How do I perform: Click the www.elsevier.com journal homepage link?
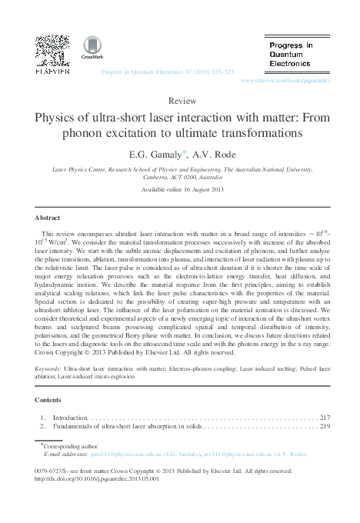tap(285, 79)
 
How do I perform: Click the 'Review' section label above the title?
tap(180, 101)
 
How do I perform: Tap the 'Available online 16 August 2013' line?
tap(180, 188)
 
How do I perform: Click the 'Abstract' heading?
tap(48, 208)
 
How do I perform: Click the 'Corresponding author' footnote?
tap(70, 445)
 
